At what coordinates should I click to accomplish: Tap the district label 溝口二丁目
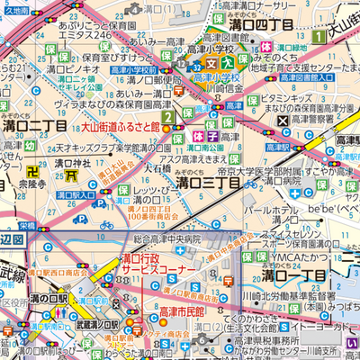pyautogui.click(x=34, y=127)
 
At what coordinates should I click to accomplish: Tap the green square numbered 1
pyautogui.click(x=321, y=36)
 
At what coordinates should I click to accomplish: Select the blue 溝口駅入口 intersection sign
pyautogui.click(x=74, y=193)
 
